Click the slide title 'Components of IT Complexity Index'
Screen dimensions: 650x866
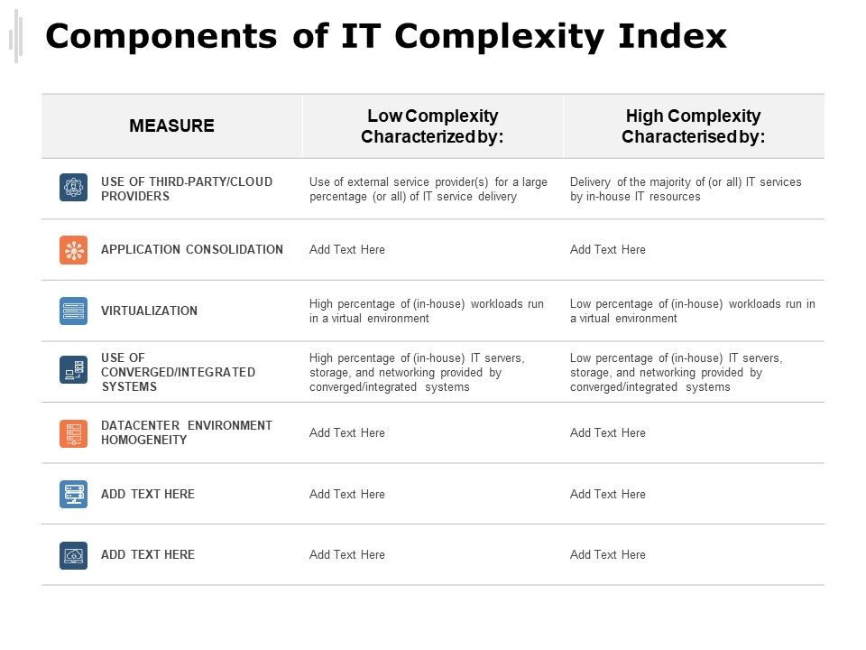pyautogui.click(x=386, y=37)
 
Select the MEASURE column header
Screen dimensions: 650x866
pyautogui.click(x=171, y=125)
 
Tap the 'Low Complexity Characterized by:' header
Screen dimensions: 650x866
pyautogui.click(x=432, y=126)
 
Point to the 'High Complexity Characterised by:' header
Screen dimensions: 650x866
pyautogui.click(x=693, y=126)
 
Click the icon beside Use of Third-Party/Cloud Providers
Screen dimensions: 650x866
pyautogui.click(x=74, y=188)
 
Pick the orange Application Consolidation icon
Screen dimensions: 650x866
pyautogui.click(x=74, y=250)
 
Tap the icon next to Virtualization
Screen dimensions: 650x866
pyautogui.click(x=74, y=311)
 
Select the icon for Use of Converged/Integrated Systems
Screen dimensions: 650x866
pyautogui.click(x=74, y=370)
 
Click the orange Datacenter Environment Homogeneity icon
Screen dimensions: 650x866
pyautogui.click(x=74, y=433)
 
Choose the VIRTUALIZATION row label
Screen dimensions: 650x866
pyautogui.click(x=149, y=311)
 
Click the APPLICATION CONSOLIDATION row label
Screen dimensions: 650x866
pyautogui.click(x=192, y=249)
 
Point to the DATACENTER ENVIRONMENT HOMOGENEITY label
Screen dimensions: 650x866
pyautogui.click(x=186, y=432)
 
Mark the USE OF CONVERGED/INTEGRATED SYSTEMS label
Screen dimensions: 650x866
pyautogui.click(x=178, y=372)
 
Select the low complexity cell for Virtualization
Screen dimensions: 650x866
pyautogui.click(x=427, y=311)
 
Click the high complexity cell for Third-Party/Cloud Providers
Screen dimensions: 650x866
pyautogui.click(x=686, y=189)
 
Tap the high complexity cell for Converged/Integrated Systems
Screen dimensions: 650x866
pyautogui.click(x=676, y=372)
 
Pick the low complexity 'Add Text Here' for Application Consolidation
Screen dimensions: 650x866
pyautogui.click(x=347, y=249)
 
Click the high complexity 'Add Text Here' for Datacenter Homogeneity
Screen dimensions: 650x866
pyautogui.click(x=608, y=432)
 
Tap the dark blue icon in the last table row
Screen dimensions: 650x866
pyautogui.click(x=74, y=555)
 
